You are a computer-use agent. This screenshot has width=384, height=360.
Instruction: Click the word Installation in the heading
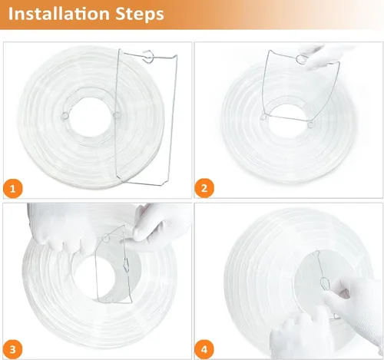pyautogui.click(x=59, y=14)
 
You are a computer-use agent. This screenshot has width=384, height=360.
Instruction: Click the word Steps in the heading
pyautogui.click(x=140, y=15)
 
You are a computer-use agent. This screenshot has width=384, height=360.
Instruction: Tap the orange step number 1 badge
pyautogui.click(x=13, y=189)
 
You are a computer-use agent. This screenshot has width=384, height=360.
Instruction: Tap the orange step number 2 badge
pyautogui.click(x=204, y=188)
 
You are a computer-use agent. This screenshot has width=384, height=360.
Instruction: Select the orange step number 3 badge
pyautogui.click(x=13, y=349)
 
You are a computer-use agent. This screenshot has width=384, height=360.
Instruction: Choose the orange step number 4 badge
pyautogui.click(x=204, y=349)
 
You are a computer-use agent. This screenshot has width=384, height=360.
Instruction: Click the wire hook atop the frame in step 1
pyautogui.click(x=148, y=57)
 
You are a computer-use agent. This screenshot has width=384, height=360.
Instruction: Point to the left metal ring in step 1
pyautogui.click(x=65, y=116)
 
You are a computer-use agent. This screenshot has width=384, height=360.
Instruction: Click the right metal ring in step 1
pyautogui.click(x=117, y=115)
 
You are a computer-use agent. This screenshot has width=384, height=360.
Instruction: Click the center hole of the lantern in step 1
pyautogui.click(x=91, y=116)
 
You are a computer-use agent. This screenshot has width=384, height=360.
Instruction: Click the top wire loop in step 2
pyautogui.click(x=301, y=59)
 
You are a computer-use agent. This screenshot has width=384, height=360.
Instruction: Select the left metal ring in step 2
pyautogui.click(x=263, y=117)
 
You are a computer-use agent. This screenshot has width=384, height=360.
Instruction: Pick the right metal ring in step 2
pyautogui.click(x=310, y=124)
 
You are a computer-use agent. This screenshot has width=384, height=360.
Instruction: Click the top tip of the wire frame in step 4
pyautogui.click(x=316, y=251)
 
